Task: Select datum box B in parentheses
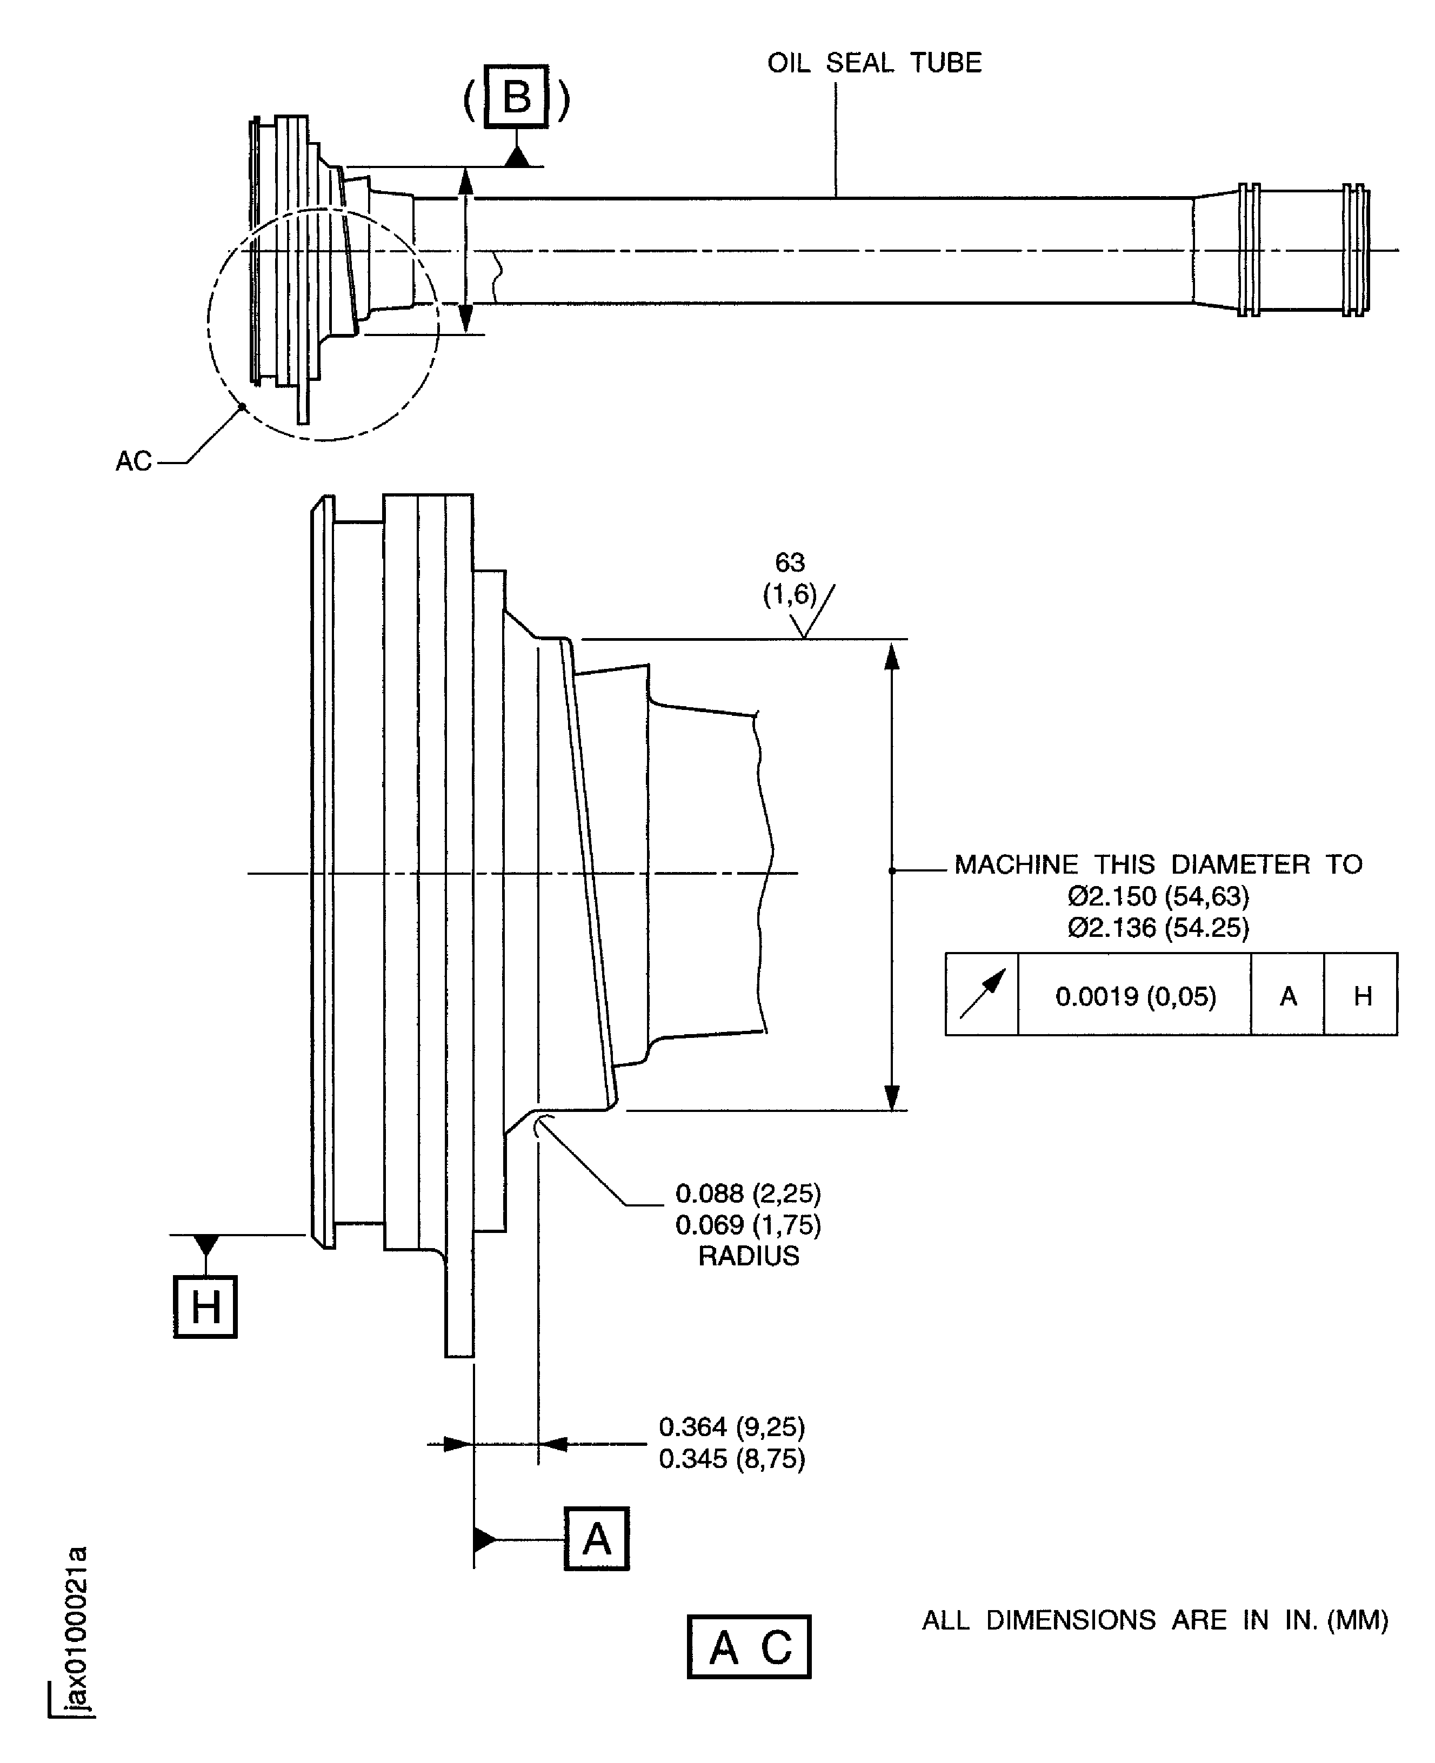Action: point(517,97)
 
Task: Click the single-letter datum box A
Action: point(596,1538)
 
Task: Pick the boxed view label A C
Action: point(749,1646)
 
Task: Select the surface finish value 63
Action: point(790,562)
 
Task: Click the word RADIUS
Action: point(748,1256)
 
